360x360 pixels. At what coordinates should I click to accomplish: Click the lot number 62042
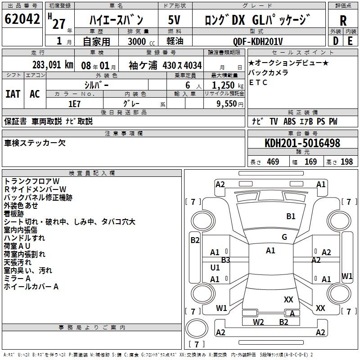(x=22, y=20)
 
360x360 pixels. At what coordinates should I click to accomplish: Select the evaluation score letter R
(x=343, y=21)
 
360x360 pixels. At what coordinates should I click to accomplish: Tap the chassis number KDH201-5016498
(x=302, y=143)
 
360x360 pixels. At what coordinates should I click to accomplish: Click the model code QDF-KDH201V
(x=258, y=41)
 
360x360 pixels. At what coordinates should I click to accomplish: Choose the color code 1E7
(x=74, y=103)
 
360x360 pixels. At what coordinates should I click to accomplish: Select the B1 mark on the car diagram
(x=291, y=216)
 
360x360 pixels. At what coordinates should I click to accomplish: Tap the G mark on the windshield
(x=284, y=237)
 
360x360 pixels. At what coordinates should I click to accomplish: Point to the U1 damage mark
(x=215, y=267)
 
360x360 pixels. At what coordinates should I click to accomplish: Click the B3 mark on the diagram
(x=225, y=260)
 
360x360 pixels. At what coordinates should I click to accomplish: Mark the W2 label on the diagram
(x=258, y=322)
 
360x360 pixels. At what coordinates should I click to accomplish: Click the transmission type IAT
(x=13, y=94)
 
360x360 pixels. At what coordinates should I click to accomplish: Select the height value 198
(x=346, y=162)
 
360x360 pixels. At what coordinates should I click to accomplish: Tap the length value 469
(x=273, y=162)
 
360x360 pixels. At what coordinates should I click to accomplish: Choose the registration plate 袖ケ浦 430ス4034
(x=162, y=65)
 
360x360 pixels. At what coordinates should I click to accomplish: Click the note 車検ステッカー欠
(x=35, y=143)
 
